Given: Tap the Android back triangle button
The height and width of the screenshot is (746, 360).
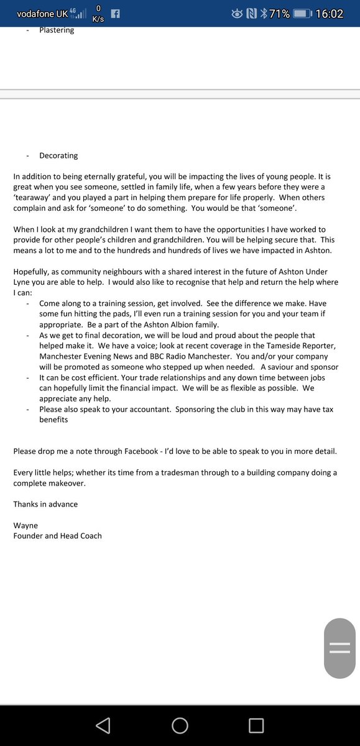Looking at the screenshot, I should tap(103, 725).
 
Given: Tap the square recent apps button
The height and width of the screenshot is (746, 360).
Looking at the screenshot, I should tap(256, 725).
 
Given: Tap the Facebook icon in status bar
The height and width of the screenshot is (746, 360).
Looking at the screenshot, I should tap(115, 13).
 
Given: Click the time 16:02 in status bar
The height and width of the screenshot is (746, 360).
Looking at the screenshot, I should tap(329, 13).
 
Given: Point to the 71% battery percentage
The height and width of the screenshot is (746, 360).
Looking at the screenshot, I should tap(279, 13).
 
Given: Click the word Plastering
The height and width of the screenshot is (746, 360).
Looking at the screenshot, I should tap(57, 30).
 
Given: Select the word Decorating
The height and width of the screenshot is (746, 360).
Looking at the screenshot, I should tap(58, 155).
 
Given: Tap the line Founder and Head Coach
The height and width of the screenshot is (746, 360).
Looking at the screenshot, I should tap(57, 535).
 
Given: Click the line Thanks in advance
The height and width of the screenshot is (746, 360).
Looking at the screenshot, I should tap(45, 504).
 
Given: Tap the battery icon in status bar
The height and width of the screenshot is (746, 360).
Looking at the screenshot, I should tap(302, 13).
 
